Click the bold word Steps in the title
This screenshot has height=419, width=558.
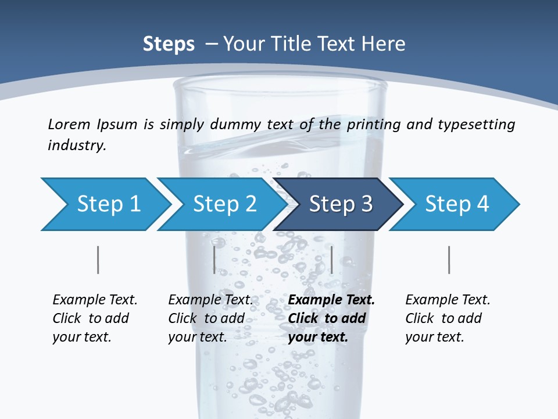tap(169, 44)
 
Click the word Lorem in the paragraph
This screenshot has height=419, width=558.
tap(67, 125)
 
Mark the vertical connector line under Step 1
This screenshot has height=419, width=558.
tap(98, 260)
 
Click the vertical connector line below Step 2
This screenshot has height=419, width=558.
tap(214, 260)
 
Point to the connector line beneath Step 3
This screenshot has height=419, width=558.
tap(331, 260)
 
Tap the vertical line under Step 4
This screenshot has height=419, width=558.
tap(449, 260)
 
